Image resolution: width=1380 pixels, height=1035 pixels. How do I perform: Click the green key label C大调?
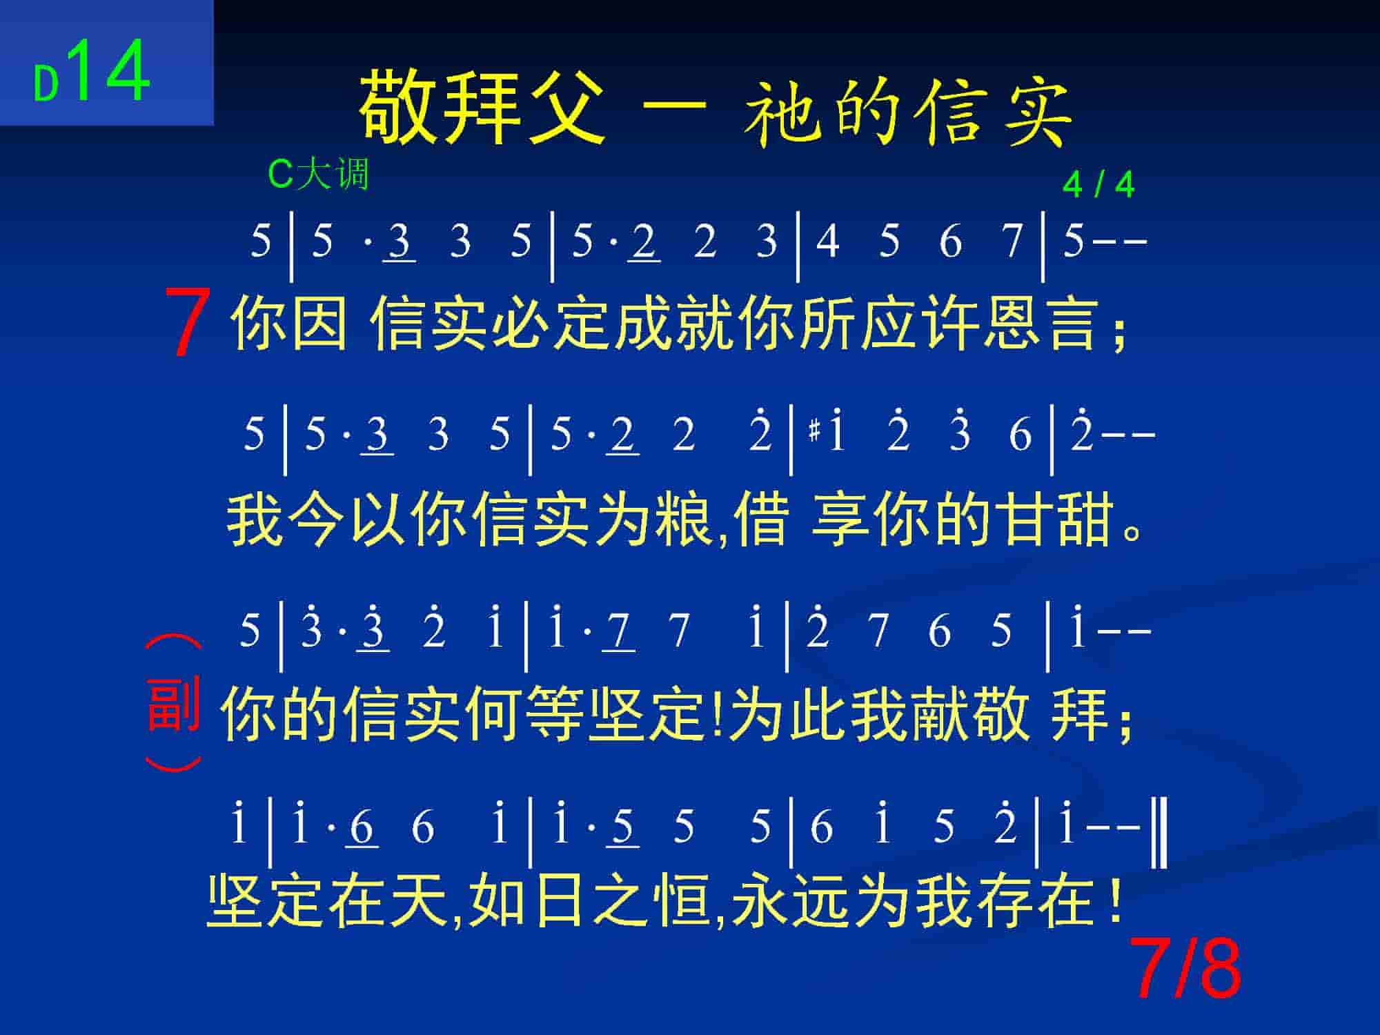[318, 174]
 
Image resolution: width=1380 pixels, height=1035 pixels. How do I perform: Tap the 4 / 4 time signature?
[1098, 185]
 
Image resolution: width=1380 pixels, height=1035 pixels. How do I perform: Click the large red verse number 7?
[188, 322]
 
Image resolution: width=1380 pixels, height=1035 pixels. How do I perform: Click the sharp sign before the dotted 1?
[814, 433]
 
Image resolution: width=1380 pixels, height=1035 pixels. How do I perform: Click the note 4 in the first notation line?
[827, 241]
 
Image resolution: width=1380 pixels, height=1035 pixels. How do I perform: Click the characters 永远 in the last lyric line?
[789, 900]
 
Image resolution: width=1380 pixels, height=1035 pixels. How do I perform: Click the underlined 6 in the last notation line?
[362, 826]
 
